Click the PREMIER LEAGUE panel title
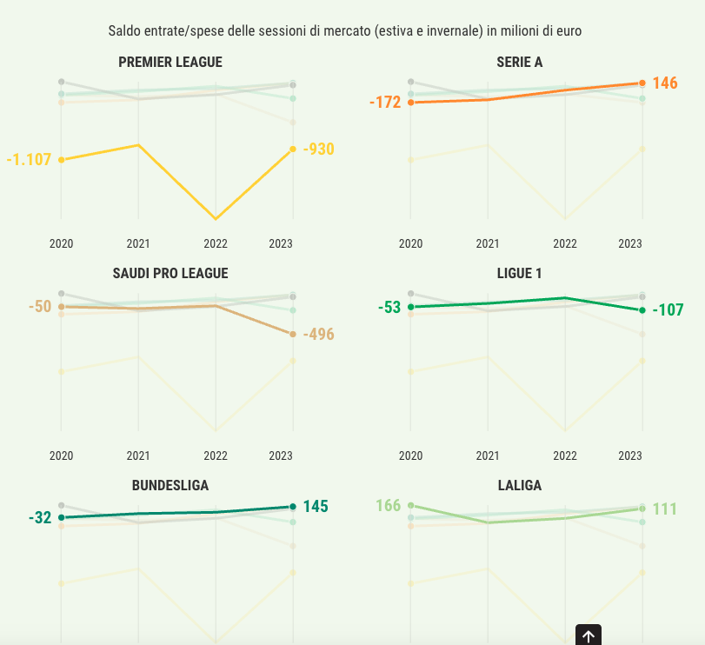pyautogui.click(x=170, y=62)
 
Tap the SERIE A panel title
pyautogui.click(x=520, y=62)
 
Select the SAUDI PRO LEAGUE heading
pyautogui.click(x=170, y=273)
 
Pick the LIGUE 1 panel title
pyautogui.click(x=520, y=273)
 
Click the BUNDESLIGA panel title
pyautogui.click(x=170, y=485)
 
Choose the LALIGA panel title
pyautogui.click(x=520, y=485)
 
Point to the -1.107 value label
pyautogui.click(x=30, y=160)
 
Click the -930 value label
pyautogui.click(x=319, y=150)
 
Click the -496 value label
pyautogui.click(x=319, y=335)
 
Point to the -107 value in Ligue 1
pyautogui.click(x=668, y=310)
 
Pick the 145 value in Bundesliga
pyautogui.click(x=316, y=507)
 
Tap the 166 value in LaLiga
pyautogui.click(x=389, y=505)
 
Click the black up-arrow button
pyautogui.click(x=589, y=635)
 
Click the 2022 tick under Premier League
pyautogui.click(x=216, y=244)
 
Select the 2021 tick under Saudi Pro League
pyautogui.click(x=138, y=455)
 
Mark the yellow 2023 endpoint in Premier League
pyautogui.click(x=293, y=149)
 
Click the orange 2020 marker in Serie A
pyautogui.click(x=410, y=103)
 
